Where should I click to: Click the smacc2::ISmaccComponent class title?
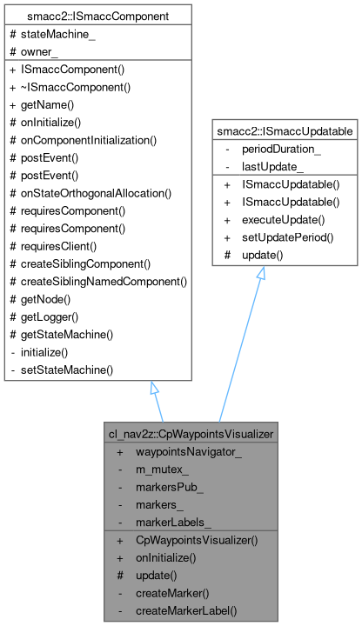[x=97, y=16]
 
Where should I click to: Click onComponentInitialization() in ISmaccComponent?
[x=88, y=139]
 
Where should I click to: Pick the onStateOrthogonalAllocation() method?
[x=96, y=192]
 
